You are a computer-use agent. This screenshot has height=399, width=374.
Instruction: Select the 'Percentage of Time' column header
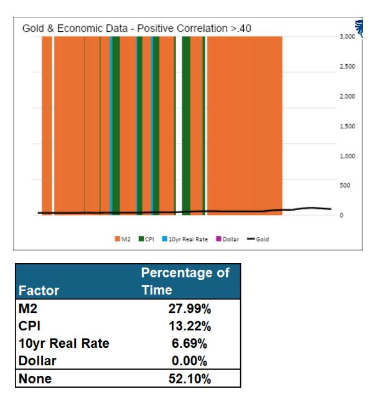click(185, 282)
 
